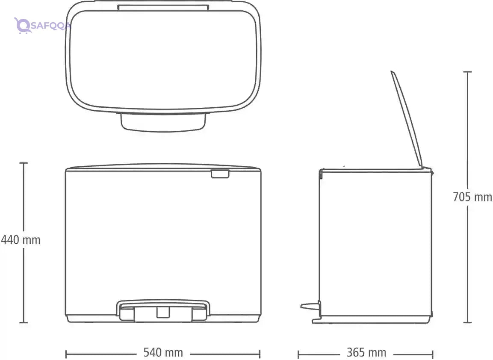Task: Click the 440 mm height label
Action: [x=21, y=240]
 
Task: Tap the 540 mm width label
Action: [x=163, y=352]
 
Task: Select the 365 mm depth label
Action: [x=366, y=353]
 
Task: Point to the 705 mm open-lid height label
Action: [x=472, y=197]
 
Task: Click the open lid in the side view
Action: [x=407, y=119]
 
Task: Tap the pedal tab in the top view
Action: [x=163, y=121]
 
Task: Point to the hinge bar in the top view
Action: [x=163, y=7]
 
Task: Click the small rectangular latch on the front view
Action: [x=220, y=174]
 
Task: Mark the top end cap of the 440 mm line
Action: [x=24, y=163]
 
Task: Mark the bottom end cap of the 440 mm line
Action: [x=24, y=322]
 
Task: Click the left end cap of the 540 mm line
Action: [x=66, y=354]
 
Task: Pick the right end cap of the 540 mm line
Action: [x=260, y=354]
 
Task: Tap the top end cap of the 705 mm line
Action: [x=467, y=72]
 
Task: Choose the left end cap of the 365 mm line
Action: [x=298, y=354]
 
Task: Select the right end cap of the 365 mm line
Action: [x=433, y=354]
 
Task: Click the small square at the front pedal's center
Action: [x=163, y=312]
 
